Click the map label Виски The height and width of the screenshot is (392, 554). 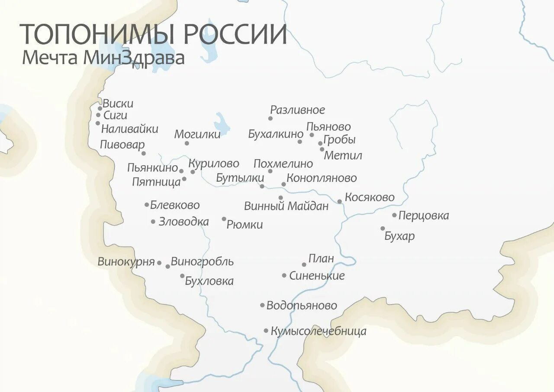pyautogui.click(x=118, y=104)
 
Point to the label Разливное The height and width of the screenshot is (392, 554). pyautogui.click(x=297, y=110)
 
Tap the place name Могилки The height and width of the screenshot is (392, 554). pyautogui.click(x=197, y=134)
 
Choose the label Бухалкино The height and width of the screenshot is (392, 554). pyautogui.click(x=275, y=134)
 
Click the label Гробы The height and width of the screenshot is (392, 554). pyautogui.click(x=339, y=140)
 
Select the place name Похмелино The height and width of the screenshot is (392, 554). pyautogui.click(x=283, y=164)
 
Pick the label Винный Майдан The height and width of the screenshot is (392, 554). pyautogui.click(x=286, y=206)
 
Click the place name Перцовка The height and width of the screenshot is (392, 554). pyautogui.click(x=423, y=216)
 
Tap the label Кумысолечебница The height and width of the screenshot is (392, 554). pyautogui.click(x=319, y=331)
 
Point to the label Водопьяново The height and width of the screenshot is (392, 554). pyautogui.click(x=301, y=306)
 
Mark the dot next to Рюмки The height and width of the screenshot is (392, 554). pyautogui.click(x=224, y=219)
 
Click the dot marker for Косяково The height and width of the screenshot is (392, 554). pyautogui.click(x=340, y=201)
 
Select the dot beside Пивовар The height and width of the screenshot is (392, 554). pyautogui.click(x=144, y=153)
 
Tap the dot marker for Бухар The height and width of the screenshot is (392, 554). pyautogui.click(x=383, y=229)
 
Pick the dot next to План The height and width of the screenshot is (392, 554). pyautogui.click(x=304, y=265)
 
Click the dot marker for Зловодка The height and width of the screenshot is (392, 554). pyautogui.click(x=153, y=222)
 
